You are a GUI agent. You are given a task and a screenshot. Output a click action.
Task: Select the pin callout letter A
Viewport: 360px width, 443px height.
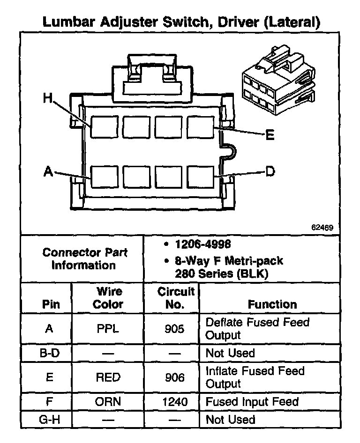48,171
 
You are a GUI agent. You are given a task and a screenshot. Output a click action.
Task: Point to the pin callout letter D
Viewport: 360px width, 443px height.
270,171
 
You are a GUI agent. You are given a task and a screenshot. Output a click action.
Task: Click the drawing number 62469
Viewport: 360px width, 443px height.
322,228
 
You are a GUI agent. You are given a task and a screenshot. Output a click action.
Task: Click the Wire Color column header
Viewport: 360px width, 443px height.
108,298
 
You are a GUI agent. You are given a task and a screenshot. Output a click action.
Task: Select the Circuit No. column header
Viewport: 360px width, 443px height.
175,298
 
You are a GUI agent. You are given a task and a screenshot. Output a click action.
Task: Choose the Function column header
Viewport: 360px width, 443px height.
272,304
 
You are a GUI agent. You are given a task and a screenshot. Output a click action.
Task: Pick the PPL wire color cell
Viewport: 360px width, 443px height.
108,329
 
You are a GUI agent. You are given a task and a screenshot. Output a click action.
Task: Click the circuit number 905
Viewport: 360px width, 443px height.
175,329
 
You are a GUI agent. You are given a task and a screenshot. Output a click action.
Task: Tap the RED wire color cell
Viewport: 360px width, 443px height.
108,377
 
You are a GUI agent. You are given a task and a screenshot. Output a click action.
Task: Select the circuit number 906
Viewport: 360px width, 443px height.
175,377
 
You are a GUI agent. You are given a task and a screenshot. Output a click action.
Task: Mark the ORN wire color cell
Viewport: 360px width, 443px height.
108,402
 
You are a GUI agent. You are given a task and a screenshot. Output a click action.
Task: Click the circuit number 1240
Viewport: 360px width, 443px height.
175,402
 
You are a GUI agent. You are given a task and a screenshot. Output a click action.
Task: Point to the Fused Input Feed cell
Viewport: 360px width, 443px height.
252,402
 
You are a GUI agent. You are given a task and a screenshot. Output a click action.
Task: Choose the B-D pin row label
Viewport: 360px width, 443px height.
49,353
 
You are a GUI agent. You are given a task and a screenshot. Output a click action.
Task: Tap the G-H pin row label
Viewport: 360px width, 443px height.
49,420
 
